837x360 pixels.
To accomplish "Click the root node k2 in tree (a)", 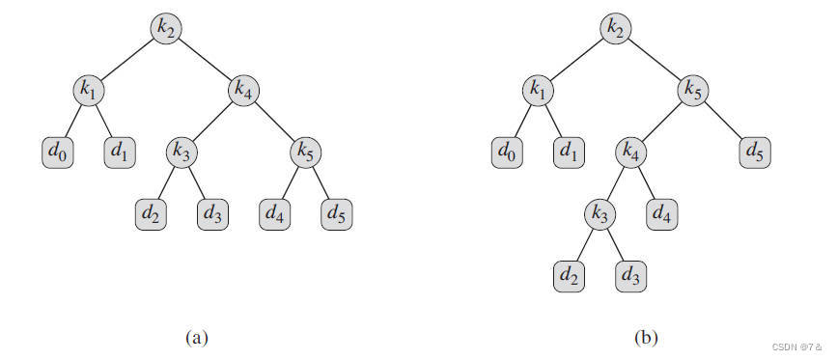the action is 167,28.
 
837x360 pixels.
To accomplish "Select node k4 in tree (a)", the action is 244,90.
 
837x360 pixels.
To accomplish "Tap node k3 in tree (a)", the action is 182,152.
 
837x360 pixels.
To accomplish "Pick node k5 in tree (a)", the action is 306,152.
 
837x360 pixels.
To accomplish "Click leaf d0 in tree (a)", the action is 58,152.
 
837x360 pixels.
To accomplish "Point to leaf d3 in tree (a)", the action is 213,214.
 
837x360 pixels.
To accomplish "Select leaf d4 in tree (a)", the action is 275,214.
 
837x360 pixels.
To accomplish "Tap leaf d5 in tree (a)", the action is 337,214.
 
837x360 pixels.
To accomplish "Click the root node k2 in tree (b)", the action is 616,28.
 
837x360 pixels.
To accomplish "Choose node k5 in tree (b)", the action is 693,90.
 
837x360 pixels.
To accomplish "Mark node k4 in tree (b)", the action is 631,152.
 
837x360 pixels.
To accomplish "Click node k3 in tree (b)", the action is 600,214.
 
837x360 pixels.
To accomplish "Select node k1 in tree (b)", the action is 538,90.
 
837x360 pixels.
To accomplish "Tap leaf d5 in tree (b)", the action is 755,152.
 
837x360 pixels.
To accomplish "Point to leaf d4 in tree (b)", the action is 662,214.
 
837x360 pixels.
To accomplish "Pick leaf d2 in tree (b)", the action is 569,276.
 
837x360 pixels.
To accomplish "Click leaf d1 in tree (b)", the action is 569,152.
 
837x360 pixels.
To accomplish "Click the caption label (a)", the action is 196,338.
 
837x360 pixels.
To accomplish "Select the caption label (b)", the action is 646,338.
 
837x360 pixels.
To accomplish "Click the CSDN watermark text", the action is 796,346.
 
